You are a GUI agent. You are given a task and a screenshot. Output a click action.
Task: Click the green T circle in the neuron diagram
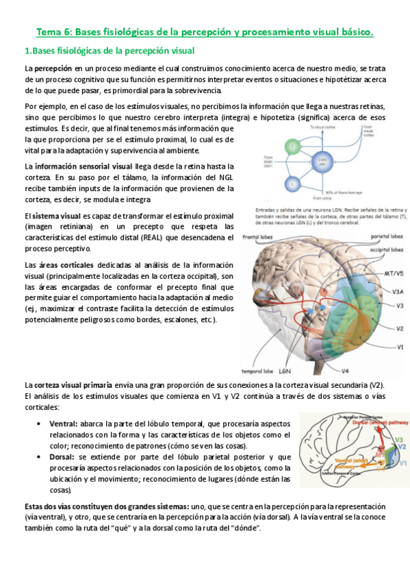[293, 147]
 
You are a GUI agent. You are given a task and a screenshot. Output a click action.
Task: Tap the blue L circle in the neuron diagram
[293, 184]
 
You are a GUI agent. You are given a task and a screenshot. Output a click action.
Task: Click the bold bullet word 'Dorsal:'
[63, 457]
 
